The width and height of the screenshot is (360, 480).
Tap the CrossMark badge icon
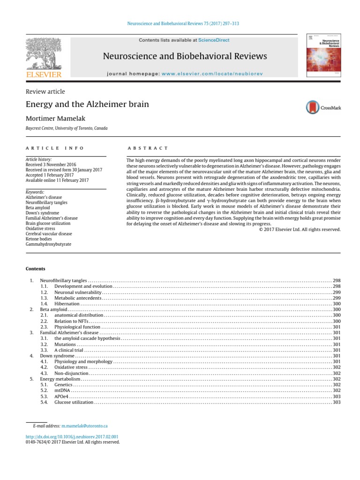point(312,107)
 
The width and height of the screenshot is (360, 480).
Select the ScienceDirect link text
point(214,40)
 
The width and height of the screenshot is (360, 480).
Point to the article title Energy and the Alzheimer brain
point(87,104)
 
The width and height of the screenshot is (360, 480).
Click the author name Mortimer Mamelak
point(57,118)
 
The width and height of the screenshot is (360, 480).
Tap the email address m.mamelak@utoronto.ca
point(84,426)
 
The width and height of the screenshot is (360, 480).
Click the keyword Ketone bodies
point(39,239)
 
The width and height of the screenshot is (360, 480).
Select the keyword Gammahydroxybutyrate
point(49,244)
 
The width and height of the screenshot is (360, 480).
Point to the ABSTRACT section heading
point(148,148)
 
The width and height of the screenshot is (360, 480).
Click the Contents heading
point(36,269)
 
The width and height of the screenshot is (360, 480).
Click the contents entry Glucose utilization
point(74,403)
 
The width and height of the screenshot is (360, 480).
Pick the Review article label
point(45,91)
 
